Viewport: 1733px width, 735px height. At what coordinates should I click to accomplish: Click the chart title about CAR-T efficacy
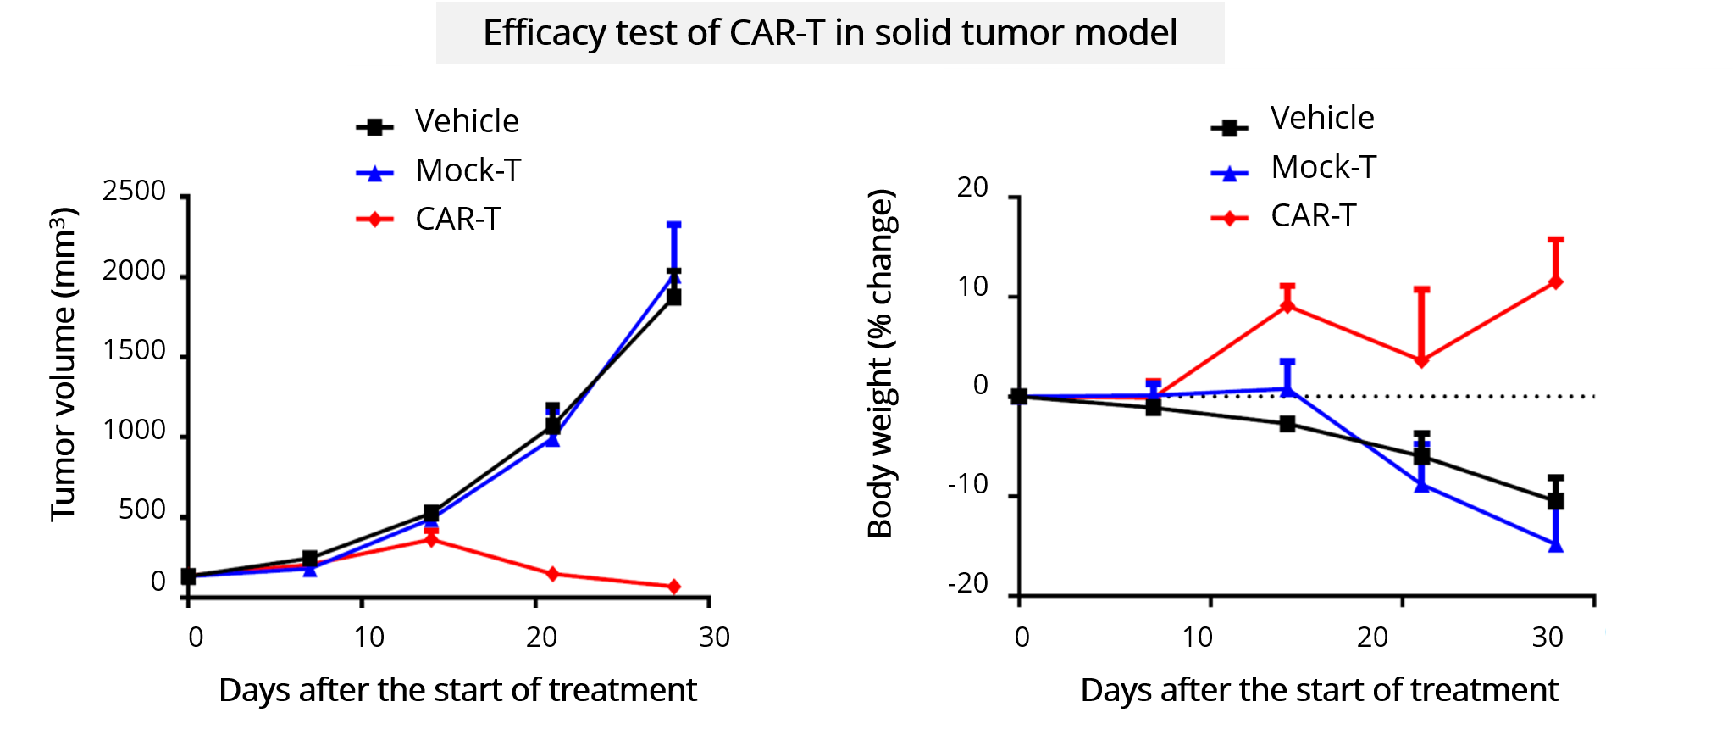tap(829, 33)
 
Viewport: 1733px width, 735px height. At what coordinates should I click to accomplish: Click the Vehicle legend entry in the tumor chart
tap(466, 122)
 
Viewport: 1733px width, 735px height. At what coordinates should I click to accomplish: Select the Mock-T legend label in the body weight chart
tap(1323, 167)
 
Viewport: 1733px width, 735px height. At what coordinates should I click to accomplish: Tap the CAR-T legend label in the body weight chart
tap(1313, 216)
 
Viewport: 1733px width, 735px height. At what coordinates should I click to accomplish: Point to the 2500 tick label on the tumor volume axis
tap(134, 191)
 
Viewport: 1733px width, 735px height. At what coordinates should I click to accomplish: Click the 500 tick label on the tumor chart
tap(141, 510)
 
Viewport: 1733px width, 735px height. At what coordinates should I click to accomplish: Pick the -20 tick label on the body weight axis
tap(967, 583)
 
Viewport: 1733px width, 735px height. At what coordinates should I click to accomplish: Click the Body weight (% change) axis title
tap(880, 363)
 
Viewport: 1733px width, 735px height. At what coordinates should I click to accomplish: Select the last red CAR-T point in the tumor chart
tap(674, 587)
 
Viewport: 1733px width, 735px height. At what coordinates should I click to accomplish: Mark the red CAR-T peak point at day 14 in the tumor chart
tap(431, 539)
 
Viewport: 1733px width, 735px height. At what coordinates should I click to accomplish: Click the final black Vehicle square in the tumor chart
tap(674, 297)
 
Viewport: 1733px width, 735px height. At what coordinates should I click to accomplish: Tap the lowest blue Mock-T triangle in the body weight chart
tap(1555, 545)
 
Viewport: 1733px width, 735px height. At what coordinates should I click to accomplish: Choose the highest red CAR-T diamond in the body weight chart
tap(1555, 281)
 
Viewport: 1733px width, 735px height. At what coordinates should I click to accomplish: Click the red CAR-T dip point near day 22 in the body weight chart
tap(1421, 360)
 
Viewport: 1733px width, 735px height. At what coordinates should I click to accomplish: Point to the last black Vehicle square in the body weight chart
tap(1555, 501)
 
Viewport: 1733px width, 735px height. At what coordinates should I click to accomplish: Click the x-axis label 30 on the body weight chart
tap(1547, 638)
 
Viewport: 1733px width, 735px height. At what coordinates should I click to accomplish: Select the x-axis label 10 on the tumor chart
tap(368, 638)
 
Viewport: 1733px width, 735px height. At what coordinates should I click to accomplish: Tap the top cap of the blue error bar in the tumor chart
tap(674, 225)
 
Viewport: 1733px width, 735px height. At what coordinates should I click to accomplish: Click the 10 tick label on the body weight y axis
tap(972, 287)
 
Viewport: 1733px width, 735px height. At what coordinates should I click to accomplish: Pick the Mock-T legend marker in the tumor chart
tap(375, 173)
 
